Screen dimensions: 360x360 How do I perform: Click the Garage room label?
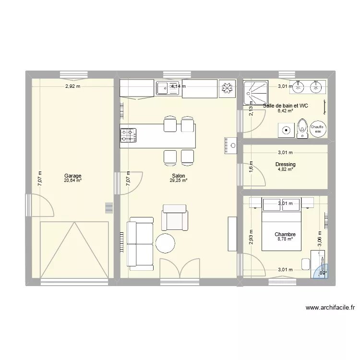(73, 176)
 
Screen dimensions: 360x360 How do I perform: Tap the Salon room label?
(178, 176)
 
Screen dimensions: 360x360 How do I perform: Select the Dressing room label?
(286, 165)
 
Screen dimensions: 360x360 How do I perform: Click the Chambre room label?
(285, 235)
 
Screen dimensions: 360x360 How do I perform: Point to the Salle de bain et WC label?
(286, 106)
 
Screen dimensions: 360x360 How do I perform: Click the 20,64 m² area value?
(73, 180)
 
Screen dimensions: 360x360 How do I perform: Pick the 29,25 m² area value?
(178, 180)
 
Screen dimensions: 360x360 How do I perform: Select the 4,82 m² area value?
(286, 169)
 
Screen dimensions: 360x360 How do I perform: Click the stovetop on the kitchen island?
(128, 135)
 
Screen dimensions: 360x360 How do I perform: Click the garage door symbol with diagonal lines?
(73, 250)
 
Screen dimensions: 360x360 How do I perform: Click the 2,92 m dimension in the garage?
(72, 86)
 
